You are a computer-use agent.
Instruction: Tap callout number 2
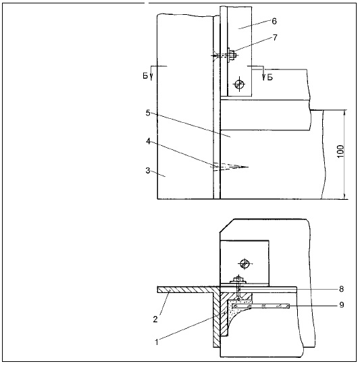pyautogui.click(x=155, y=319)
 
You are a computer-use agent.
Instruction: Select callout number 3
pyautogui.click(x=148, y=170)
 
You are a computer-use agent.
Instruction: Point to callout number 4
pyautogui.click(x=148, y=141)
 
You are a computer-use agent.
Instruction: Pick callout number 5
pyautogui.click(x=148, y=113)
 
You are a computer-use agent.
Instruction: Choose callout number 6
pyautogui.click(x=274, y=21)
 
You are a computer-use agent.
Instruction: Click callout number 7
pyautogui.click(x=275, y=38)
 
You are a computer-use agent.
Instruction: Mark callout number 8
pyautogui.click(x=341, y=289)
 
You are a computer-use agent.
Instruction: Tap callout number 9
pyautogui.click(x=341, y=305)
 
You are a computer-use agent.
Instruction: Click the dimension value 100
pyautogui.click(x=341, y=151)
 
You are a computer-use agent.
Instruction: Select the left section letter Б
pyautogui.click(x=145, y=76)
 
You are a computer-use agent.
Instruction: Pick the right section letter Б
pyautogui.click(x=269, y=77)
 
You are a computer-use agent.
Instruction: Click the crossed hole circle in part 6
pyautogui.click(x=239, y=84)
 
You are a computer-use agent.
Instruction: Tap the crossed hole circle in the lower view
pyautogui.click(x=245, y=263)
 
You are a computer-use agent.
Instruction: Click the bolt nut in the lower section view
pyautogui.click(x=238, y=280)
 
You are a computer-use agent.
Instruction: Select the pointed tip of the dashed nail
pyautogui.click(x=248, y=167)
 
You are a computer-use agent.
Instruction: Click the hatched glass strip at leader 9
pyautogui.click(x=261, y=307)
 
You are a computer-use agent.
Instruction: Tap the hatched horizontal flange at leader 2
pyautogui.click(x=187, y=290)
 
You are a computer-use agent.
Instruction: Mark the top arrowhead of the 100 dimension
pyautogui.click(x=344, y=113)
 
